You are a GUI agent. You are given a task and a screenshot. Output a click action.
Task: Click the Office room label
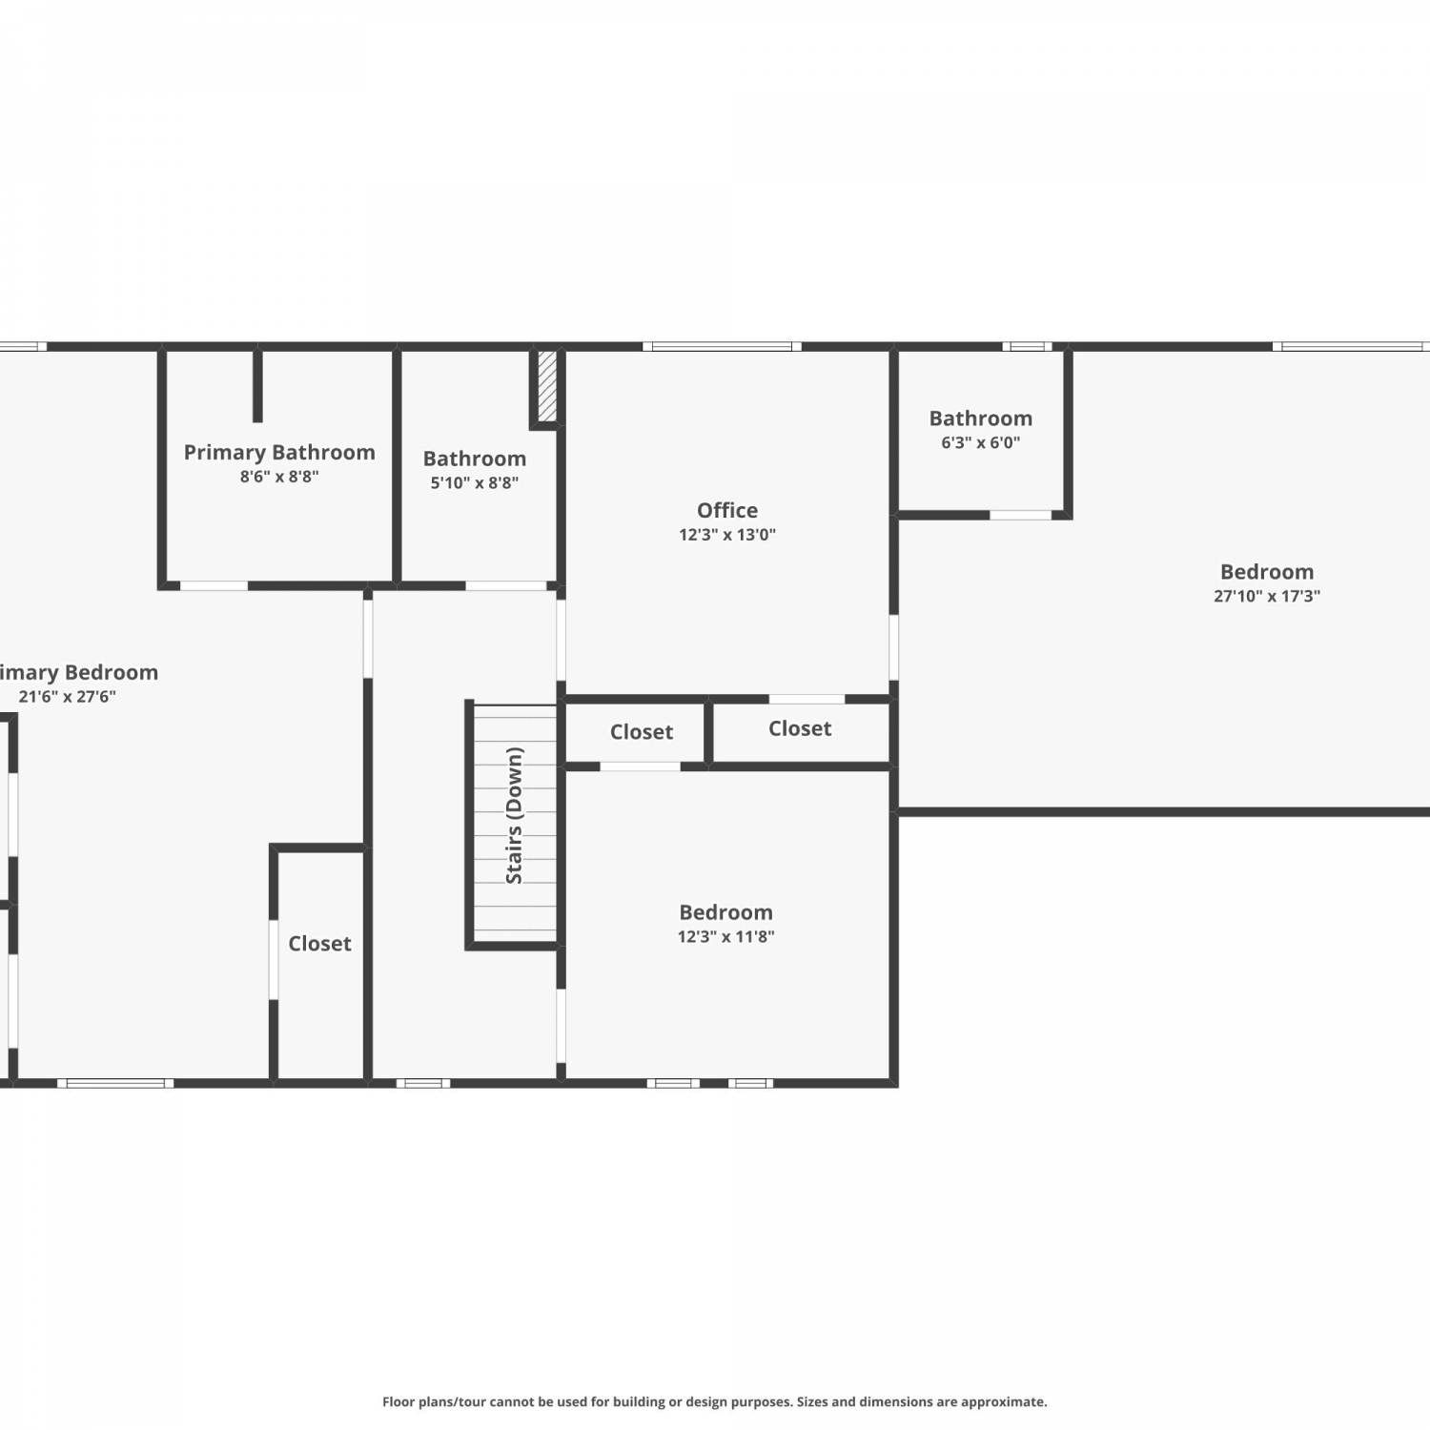pos(727,510)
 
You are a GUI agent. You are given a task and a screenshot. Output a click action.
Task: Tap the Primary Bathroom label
pos(279,453)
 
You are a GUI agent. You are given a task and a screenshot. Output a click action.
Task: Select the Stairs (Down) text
pos(514,815)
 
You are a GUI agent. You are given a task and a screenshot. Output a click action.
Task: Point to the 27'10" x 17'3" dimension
pos(1267,596)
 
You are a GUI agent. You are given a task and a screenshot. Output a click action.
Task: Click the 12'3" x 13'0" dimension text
pos(727,535)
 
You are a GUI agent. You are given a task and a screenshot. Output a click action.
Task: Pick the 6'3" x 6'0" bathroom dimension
pos(981,442)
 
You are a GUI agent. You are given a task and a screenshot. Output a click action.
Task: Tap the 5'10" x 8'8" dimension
pos(475,482)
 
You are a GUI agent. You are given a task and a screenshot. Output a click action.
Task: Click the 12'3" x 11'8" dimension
pos(726,936)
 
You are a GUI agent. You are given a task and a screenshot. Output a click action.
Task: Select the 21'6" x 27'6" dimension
pos(68,696)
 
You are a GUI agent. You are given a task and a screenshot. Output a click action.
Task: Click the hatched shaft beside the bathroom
pos(547,385)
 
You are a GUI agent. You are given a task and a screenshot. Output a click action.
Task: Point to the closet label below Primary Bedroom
pos(320,944)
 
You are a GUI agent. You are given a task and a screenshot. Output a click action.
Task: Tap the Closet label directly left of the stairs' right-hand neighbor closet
pos(642,732)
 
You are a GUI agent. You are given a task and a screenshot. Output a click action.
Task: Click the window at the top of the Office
pos(722,346)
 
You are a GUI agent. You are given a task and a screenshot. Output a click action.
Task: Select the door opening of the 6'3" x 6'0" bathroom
pos(1020,515)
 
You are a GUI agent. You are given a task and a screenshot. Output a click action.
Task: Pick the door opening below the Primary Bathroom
pos(214,585)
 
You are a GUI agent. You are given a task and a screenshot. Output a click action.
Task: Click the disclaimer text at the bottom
pos(715,1401)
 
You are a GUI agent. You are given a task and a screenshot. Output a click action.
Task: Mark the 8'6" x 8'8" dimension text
pos(279,477)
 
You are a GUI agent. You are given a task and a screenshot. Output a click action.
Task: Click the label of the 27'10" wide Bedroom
pos(1267,572)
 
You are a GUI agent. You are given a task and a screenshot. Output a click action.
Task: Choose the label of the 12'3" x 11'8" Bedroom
pos(726,912)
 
